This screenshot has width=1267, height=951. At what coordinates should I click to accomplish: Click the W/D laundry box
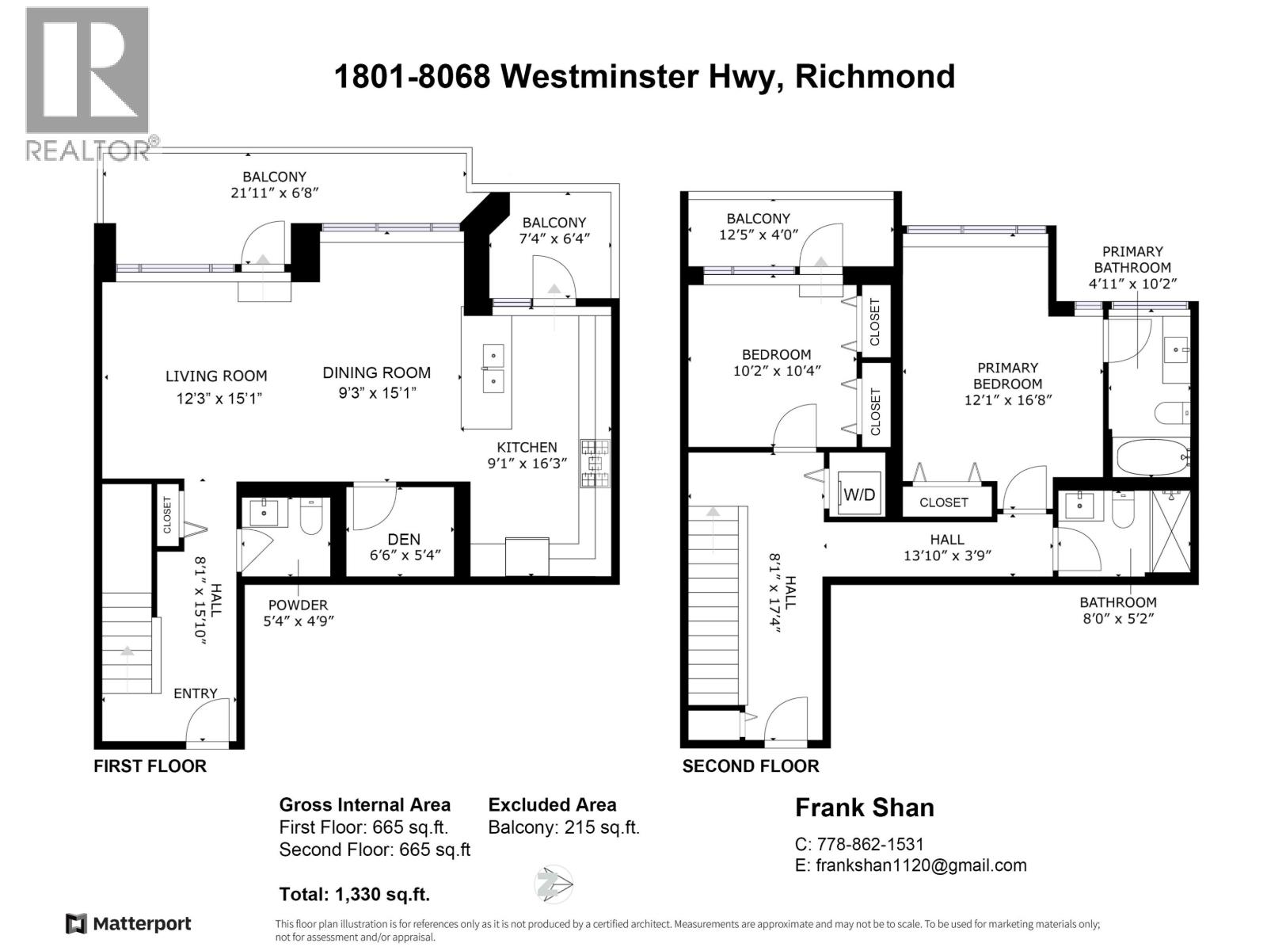(858, 495)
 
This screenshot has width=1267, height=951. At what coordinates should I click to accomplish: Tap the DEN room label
(404, 539)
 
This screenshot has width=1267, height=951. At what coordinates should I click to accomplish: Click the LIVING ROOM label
(216, 376)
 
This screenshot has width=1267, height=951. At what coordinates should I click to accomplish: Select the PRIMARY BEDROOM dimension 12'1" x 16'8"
(1007, 400)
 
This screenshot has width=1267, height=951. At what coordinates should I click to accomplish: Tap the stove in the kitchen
(595, 464)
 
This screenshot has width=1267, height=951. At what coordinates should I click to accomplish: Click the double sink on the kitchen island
(493, 368)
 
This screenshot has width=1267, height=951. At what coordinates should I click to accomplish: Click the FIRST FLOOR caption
(150, 766)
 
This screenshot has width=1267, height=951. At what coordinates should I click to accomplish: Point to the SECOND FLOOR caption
(750, 766)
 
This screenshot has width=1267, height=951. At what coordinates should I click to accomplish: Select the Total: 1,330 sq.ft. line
(354, 895)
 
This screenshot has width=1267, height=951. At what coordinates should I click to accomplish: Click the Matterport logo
(128, 923)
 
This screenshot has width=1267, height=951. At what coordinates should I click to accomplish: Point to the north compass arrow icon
(554, 884)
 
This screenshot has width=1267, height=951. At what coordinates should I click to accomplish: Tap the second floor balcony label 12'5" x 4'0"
(758, 235)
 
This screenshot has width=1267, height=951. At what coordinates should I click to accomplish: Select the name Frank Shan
(864, 808)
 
